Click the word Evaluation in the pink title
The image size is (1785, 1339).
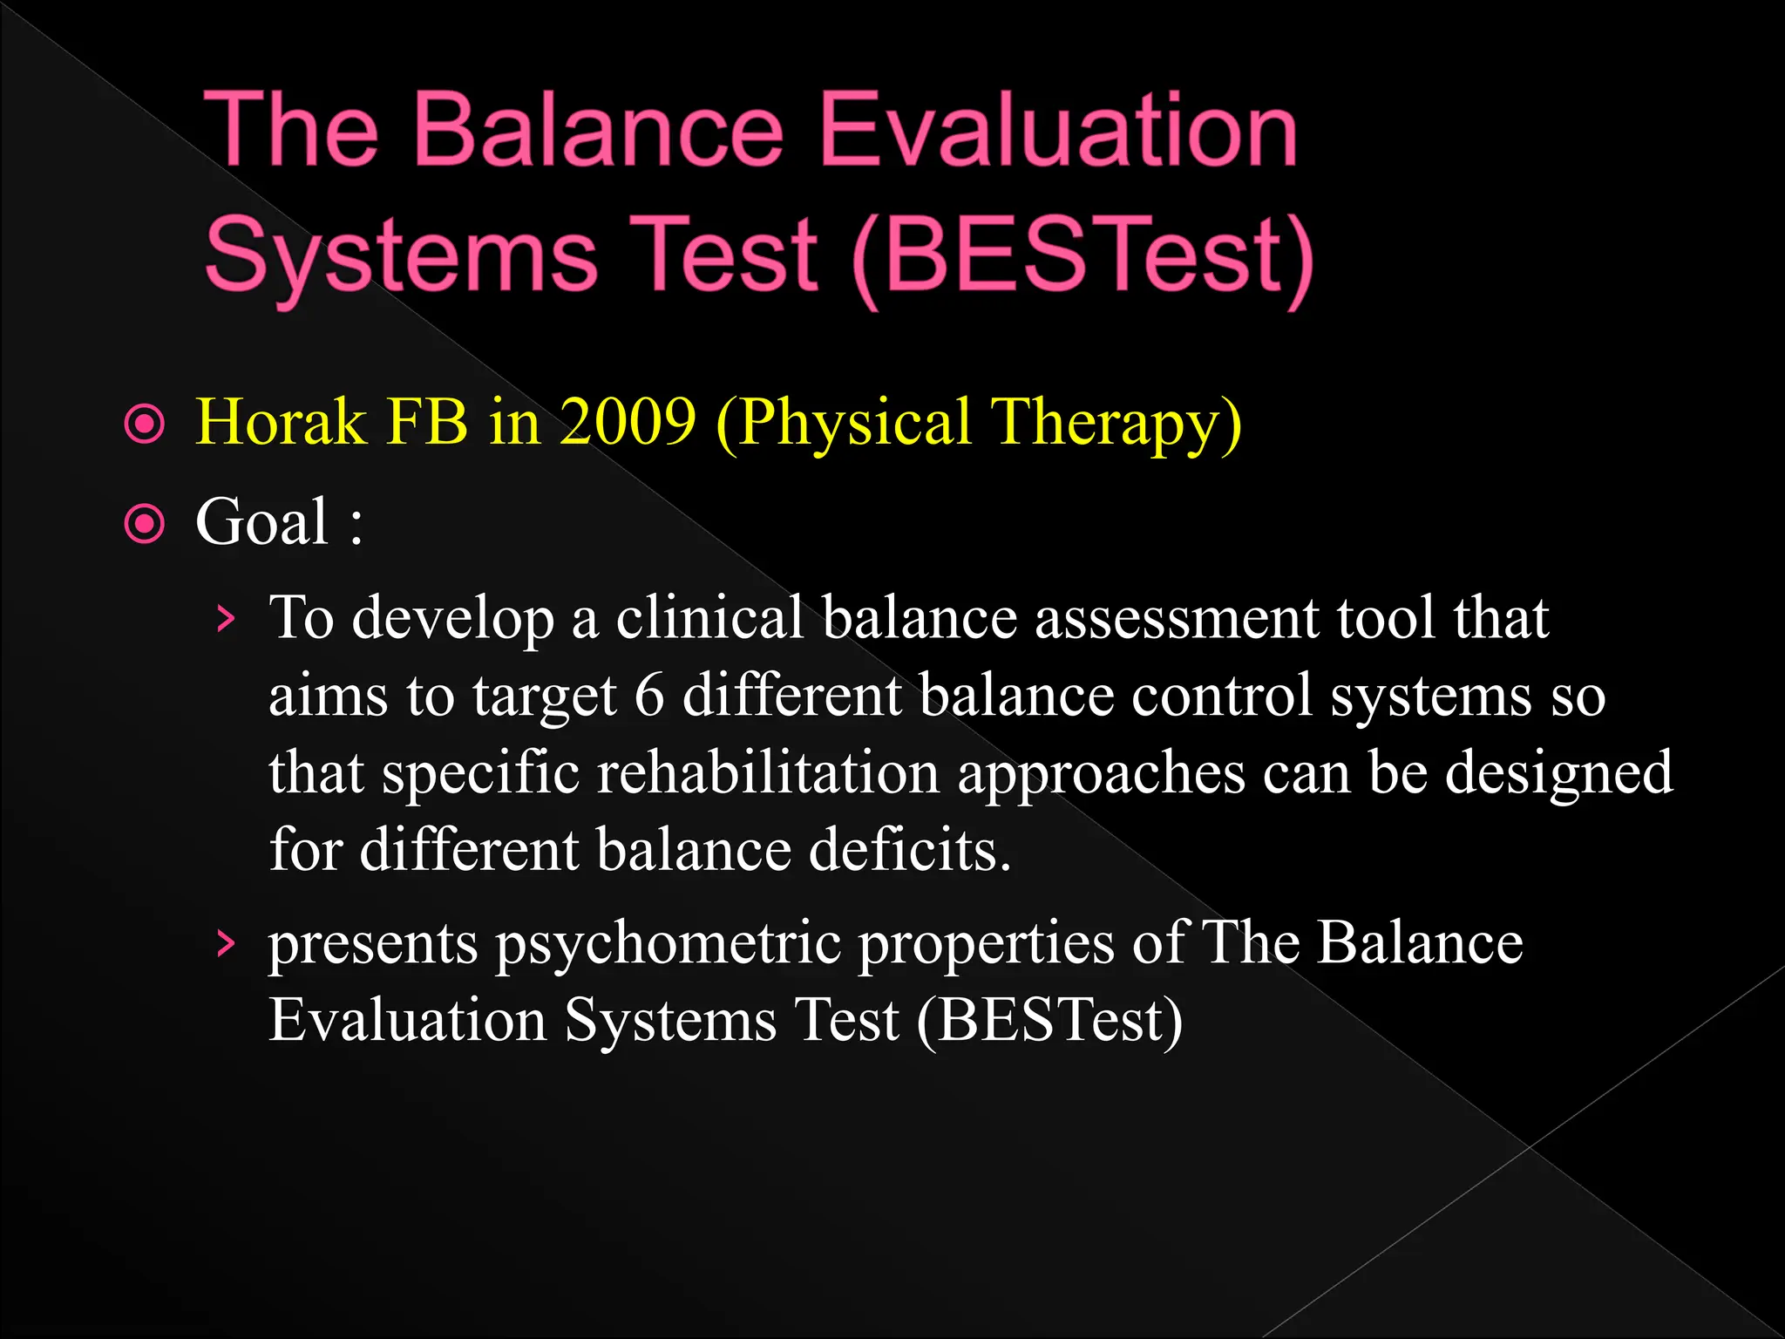coord(1058,131)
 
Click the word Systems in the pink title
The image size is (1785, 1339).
coord(401,257)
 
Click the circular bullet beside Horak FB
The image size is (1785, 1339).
coord(145,425)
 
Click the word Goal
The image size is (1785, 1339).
coord(262,522)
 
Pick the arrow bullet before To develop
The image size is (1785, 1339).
coord(226,619)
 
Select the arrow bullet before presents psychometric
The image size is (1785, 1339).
coord(226,944)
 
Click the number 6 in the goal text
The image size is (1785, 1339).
coord(648,697)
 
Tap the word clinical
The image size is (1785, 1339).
coord(709,618)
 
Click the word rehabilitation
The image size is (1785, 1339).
coord(768,773)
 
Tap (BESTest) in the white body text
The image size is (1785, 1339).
coord(1049,1021)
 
